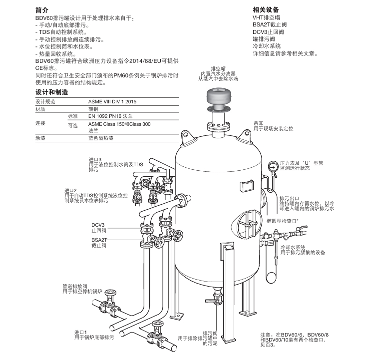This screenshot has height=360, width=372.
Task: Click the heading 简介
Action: (x=42, y=10)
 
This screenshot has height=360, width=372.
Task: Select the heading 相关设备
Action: (x=266, y=10)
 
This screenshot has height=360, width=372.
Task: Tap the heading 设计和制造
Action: (x=51, y=92)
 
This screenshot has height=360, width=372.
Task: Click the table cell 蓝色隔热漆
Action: (x=100, y=137)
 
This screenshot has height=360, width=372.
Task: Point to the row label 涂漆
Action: (x=40, y=137)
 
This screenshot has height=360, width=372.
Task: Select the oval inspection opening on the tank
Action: (x=246, y=222)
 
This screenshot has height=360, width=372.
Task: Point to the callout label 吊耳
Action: (x=258, y=123)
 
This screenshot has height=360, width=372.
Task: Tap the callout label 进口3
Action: (x=95, y=159)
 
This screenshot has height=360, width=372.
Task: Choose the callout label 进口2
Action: (x=70, y=190)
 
